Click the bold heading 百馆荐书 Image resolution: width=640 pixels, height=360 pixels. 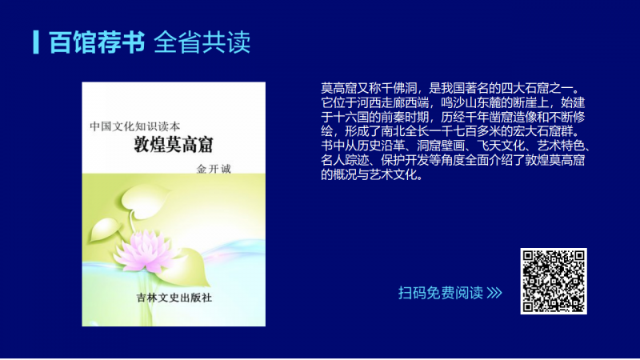click(97, 42)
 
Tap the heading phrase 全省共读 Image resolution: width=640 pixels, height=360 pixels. click(202, 42)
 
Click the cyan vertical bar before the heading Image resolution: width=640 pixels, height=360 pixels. click(36, 42)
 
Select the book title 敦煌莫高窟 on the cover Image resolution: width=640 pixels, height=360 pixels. click(174, 145)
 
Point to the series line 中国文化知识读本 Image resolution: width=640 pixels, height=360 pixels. click(135, 126)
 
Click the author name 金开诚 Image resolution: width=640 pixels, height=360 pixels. click(214, 169)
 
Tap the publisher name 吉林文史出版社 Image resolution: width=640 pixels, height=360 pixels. click(174, 298)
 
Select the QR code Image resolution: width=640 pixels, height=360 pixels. click(554, 281)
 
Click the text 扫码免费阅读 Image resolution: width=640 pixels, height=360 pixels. click(441, 293)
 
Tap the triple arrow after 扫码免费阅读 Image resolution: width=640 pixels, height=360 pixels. click(494, 293)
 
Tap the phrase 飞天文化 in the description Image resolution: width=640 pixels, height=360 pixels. click(501, 146)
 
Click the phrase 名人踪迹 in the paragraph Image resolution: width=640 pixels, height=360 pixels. click(345, 160)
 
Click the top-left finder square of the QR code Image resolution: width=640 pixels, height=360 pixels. click(530, 257)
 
